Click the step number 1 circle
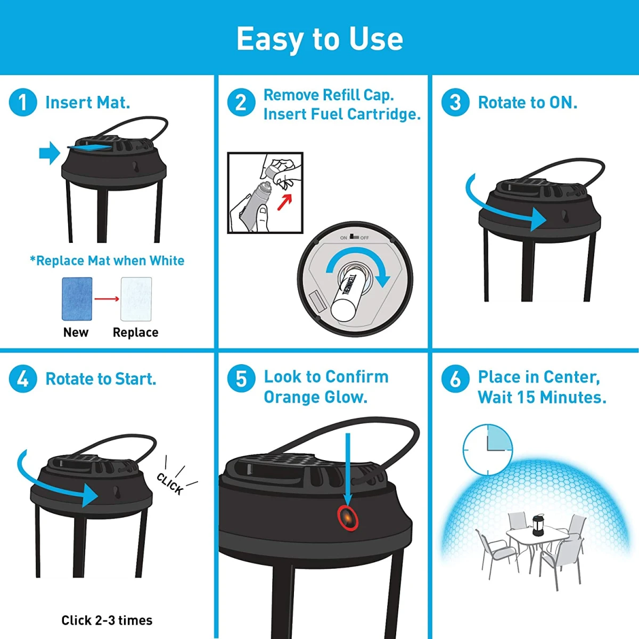click(x=23, y=102)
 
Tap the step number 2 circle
click(x=241, y=102)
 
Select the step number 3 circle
click(x=455, y=102)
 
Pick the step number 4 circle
click(x=23, y=379)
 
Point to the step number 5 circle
click(x=241, y=379)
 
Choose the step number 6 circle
click(x=455, y=379)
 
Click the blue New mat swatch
click(x=77, y=299)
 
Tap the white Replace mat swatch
click(x=136, y=299)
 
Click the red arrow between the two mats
click(x=106, y=299)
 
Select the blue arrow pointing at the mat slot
click(x=50, y=153)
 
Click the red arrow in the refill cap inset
click(x=284, y=202)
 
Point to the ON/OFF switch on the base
click(x=354, y=237)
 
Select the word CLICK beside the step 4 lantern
click(x=170, y=484)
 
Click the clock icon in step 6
click(x=487, y=449)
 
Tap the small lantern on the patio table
click(x=537, y=525)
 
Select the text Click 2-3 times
click(x=107, y=620)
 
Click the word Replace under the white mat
click(x=136, y=332)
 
